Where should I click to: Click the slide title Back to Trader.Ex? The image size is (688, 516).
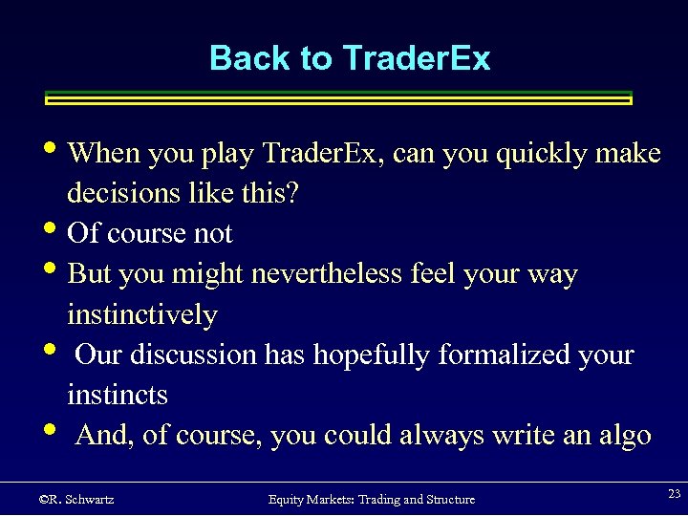click(349, 58)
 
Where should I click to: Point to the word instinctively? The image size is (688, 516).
click(142, 314)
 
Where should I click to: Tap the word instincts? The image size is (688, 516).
click(118, 395)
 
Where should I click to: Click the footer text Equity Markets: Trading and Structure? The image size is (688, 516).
click(371, 499)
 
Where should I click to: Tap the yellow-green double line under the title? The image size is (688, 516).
click(339, 97)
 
